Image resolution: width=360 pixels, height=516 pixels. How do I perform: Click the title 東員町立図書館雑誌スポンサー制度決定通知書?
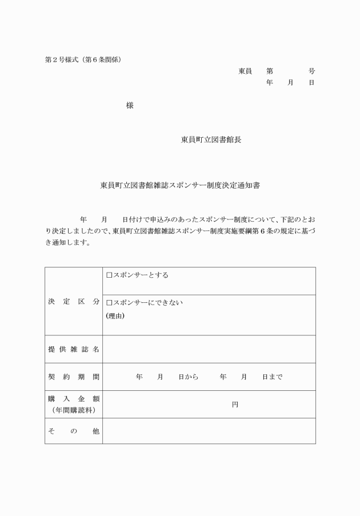point(180,185)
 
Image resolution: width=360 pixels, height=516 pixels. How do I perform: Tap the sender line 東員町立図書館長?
point(211,139)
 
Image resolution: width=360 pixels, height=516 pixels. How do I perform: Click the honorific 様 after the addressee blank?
point(130,106)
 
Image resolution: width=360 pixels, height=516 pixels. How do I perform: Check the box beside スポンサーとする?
point(109,275)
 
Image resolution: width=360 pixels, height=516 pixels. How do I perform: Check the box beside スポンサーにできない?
point(109,303)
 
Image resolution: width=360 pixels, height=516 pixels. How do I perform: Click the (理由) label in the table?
point(115,315)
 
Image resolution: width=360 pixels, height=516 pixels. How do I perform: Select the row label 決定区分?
point(73,301)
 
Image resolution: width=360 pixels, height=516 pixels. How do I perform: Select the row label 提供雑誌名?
point(73,349)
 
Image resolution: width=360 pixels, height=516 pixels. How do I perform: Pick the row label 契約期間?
point(73,377)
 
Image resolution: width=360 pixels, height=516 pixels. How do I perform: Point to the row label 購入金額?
point(73,399)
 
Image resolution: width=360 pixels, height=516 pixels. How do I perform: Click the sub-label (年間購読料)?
point(73,410)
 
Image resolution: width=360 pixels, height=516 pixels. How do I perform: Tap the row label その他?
point(73,431)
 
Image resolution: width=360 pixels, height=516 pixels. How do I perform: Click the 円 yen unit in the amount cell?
point(235,405)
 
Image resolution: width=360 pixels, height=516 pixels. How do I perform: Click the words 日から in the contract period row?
point(188,377)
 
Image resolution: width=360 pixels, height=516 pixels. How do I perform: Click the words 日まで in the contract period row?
point(272,377)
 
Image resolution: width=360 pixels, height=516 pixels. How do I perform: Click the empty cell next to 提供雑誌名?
point(209,349)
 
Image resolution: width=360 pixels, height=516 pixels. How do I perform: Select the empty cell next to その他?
point(209,431)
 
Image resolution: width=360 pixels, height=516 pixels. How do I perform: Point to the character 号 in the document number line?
point(311,71)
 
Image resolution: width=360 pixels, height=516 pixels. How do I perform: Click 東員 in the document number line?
point(245,71)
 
